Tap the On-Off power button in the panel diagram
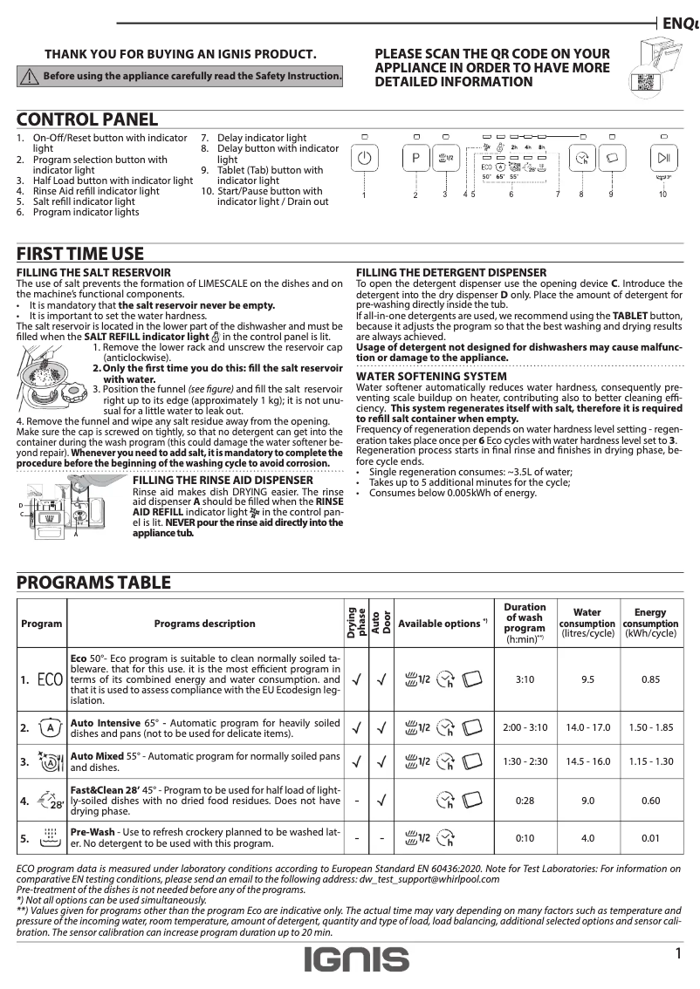click(365, 160)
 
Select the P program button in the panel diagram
click(416, 160)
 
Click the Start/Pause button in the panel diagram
click(663, 160)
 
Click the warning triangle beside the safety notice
click(29, 77)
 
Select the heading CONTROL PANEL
click(87, 120)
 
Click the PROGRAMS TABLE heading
click(94, 583)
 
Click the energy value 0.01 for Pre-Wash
click(650, 838)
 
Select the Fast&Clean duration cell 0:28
click(525, 801)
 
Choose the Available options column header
click(442, 624)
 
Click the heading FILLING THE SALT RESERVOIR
click(94, 273)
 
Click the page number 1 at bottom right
click(677, 953)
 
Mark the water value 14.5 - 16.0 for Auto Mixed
click(587, 761)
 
